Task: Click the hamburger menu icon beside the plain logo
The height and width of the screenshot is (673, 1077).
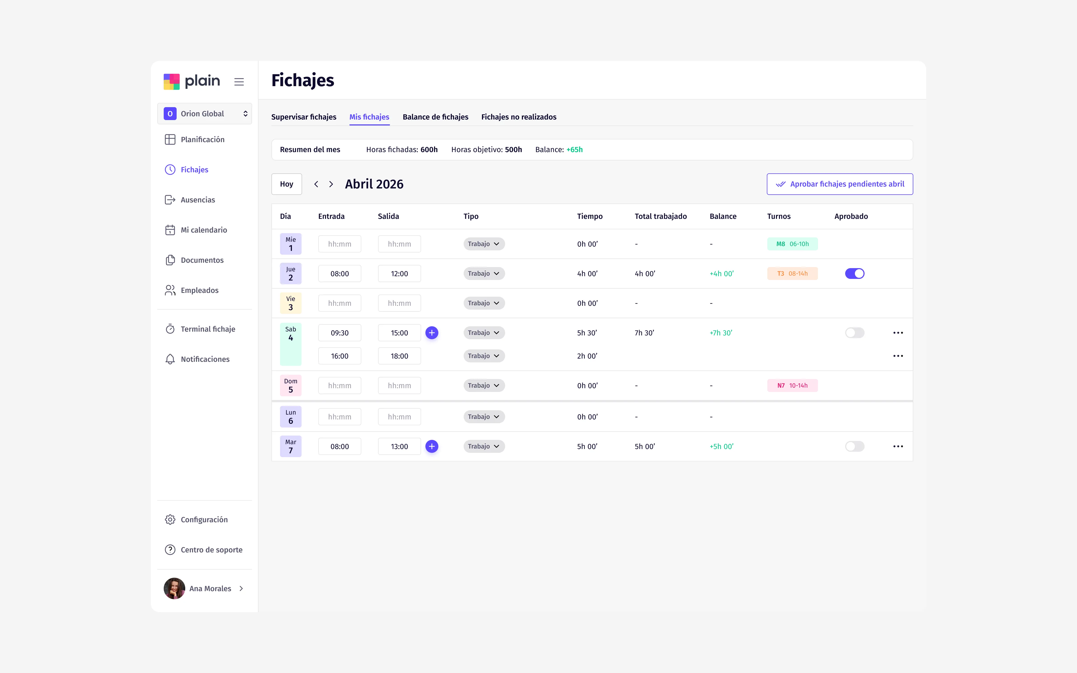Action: pos(239,82)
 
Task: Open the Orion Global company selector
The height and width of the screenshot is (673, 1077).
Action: pos(204,114)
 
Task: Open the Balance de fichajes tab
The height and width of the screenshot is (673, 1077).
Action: pos(435,117)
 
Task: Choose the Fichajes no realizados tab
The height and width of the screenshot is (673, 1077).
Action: pos(519,117)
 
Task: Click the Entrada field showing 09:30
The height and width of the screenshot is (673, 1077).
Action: pos(340,333)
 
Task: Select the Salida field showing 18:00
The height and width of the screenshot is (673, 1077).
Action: pos(399,356)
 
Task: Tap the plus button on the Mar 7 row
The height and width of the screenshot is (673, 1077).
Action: pos(432,446)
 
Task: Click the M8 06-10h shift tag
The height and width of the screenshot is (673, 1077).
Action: pos(792,244)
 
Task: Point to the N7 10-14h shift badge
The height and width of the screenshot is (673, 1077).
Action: pos(792,385)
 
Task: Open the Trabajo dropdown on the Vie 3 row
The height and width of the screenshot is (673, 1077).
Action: pos(484,303)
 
